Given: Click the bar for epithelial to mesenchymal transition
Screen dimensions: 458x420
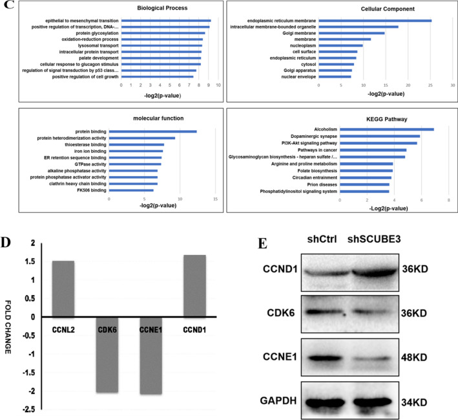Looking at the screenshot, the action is tap(166, 21).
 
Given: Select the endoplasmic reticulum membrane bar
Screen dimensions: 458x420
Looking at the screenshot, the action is tap(375, 21).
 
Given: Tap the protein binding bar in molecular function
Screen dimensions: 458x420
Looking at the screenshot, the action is tap(152, 132).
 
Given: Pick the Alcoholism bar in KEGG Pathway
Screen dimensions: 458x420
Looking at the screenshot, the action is tap(387, 129).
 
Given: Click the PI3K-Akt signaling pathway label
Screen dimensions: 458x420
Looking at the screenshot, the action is tap(309, 143).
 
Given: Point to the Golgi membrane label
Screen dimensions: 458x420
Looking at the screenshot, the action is tap(299, 33).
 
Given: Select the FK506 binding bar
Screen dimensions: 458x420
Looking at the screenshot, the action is tap(131, 190).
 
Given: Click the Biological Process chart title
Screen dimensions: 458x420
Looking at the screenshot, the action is tap(162, 8).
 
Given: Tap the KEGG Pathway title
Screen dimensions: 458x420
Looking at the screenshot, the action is tap(387, 119).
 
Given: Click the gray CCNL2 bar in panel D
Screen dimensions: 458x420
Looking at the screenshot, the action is tap(63, 289).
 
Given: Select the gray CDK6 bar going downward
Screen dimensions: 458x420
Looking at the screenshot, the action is tap(107, 355).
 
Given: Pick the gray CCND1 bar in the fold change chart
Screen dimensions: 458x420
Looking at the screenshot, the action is tap(194, 286).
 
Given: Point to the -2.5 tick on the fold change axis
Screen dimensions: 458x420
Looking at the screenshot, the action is tap(28, 409).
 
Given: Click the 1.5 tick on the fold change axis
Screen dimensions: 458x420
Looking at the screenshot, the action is tap(30, 261).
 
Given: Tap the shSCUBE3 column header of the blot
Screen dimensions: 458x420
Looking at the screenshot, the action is tap(374, 239).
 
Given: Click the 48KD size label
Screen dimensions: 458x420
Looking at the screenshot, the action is tap(414, 357).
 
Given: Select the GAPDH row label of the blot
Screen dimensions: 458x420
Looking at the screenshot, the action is tap(278, 401).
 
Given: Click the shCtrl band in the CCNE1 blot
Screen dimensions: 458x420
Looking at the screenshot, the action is tap(324, 359).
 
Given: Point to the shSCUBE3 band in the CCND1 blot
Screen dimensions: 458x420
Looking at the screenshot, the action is tap(375, 272).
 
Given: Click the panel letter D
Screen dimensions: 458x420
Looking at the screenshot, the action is tap(6, 242).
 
